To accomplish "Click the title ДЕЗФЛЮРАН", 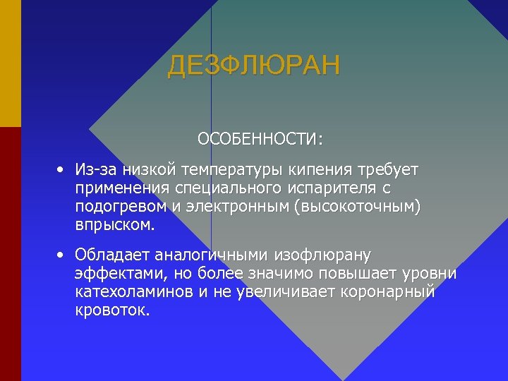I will pos(253,66).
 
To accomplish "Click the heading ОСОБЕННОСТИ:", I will pos(260,138).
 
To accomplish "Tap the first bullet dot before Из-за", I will pos(62,171).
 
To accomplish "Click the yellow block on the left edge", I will pos(10,63).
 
